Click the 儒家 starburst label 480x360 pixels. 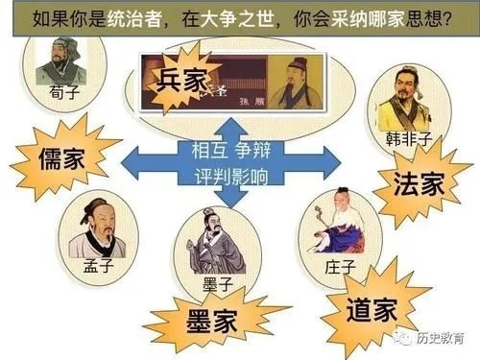(x=60, y=156)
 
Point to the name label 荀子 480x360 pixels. (x=60, y=91)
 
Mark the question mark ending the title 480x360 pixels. (x=444, y=18)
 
